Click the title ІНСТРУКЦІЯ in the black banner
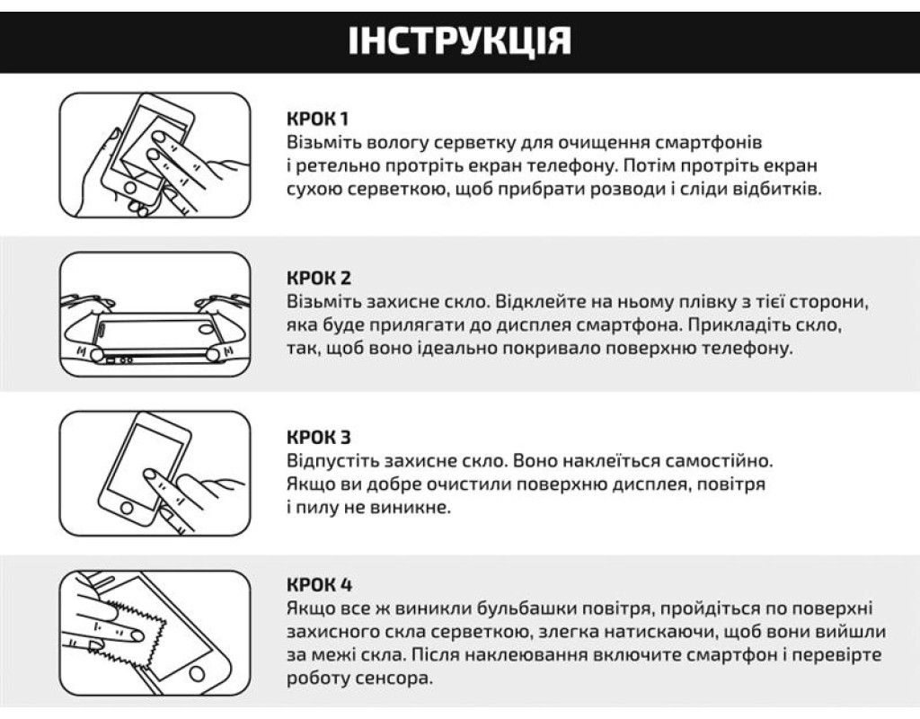pos(459,40)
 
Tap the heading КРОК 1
pos(317,119)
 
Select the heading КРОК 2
pos(319,278)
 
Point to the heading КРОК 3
pos(319,438)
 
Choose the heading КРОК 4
pos(319,584)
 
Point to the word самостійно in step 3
pos(720,461)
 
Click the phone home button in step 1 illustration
pos(129,189)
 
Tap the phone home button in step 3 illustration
pos(126,509)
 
